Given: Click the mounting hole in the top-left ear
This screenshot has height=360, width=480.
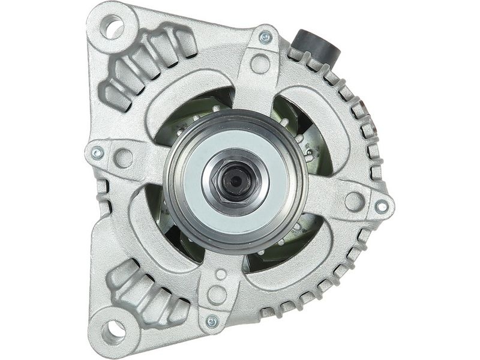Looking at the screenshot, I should coord(112,26).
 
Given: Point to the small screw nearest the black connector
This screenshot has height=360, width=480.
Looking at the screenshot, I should coord(265,38).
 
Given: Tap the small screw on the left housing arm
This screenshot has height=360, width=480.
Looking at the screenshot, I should coord(96,154).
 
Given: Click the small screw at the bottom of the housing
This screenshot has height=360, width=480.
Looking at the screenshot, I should coord(212,322).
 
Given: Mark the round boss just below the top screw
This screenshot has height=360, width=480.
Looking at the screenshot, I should coord(260,62).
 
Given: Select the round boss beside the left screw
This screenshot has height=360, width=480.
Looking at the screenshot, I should coord(124,158).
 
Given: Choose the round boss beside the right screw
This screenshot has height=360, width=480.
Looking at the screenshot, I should coord(354,200).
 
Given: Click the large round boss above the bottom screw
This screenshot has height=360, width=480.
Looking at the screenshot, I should coord(217,294).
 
